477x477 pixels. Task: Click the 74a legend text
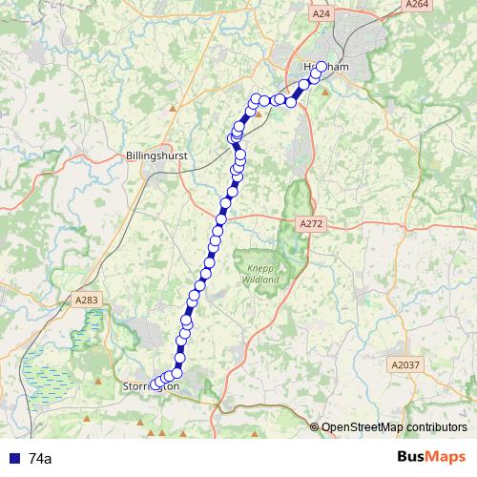coord(41,459)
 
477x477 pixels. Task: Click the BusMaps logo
coord(432,457)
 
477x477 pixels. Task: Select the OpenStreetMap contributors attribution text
coord(389,426)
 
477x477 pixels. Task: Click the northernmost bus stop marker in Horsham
coord(321,66)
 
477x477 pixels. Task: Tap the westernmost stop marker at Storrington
coord(155,384)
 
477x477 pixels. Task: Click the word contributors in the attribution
coord(435,426)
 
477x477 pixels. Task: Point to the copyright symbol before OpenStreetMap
coord(316,426)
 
